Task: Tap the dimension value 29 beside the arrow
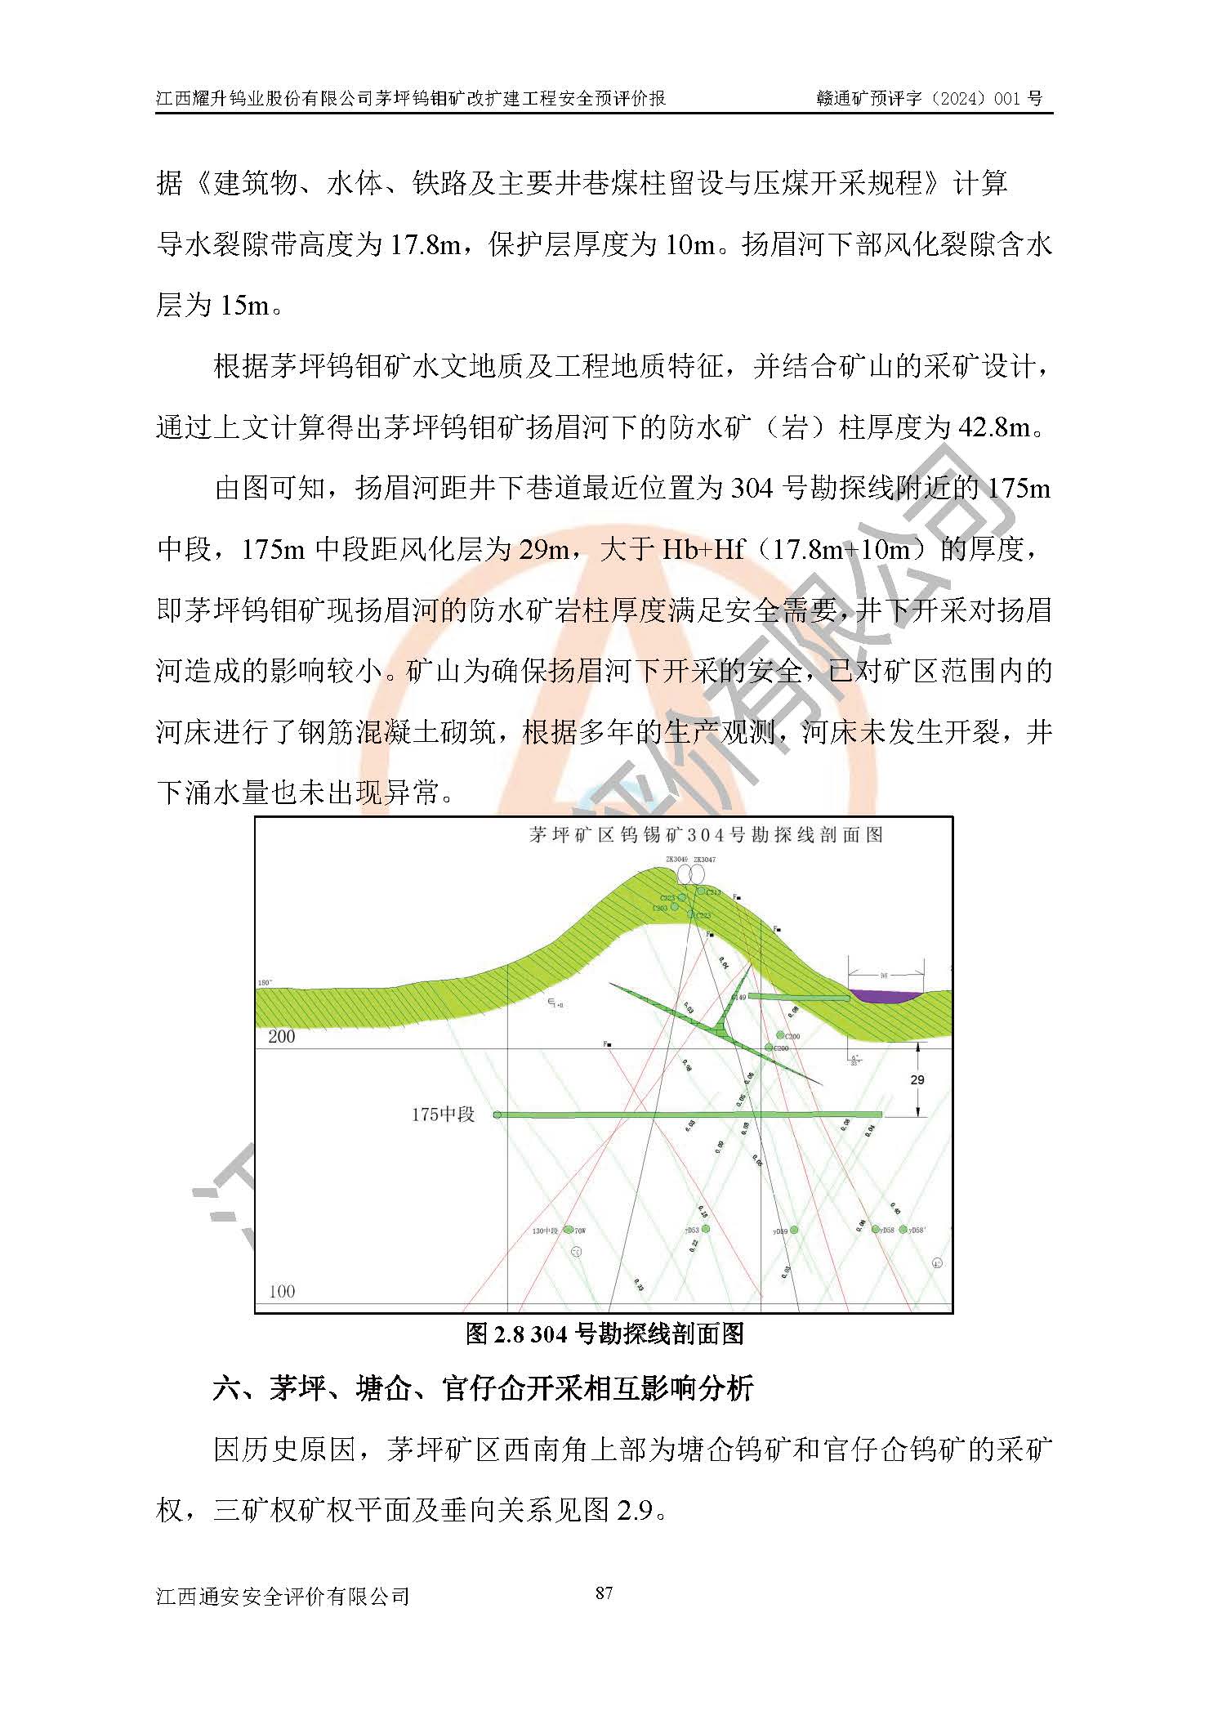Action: (x=917, y=1079)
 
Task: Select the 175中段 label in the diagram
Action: (x=443, y=1115)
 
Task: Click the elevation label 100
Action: (x=282, y=1292)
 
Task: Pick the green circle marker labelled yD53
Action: (x=706, y=1229)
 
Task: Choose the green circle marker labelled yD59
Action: (x=793, y=1230)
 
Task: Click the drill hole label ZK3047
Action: (x=703, y=860)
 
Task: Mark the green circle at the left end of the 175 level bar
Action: (x=497, y=1115)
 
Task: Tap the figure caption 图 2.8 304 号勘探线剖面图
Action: (x=604, y=1334)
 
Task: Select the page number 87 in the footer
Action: (x=604, y=1593)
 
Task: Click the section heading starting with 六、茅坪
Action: (x=483, y=1388)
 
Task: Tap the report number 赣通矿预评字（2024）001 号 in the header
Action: (x=929, y=98)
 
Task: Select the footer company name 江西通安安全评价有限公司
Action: (x=283, y=1595)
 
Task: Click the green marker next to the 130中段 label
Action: (x=569, y=1229)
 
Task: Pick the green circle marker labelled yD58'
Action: (x=903, y=1229)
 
